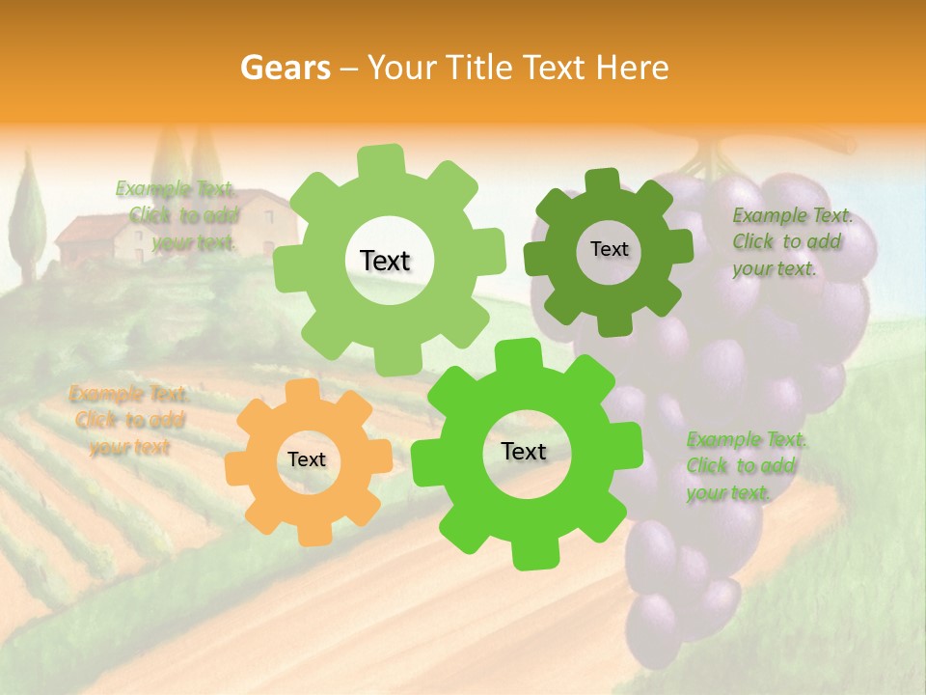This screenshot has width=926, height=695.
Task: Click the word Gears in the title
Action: point(285,68)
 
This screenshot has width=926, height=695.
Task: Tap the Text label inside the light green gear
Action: point(385,261)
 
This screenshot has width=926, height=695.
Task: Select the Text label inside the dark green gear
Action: point(609,249)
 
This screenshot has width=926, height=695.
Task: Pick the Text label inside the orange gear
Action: point(307,459)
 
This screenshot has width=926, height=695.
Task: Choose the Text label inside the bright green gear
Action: point(524,451)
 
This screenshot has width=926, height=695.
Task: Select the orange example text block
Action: point(129,421)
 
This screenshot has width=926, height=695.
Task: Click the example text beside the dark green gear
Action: point(789,242)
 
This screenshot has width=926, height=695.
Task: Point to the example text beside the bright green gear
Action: point(745,466)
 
